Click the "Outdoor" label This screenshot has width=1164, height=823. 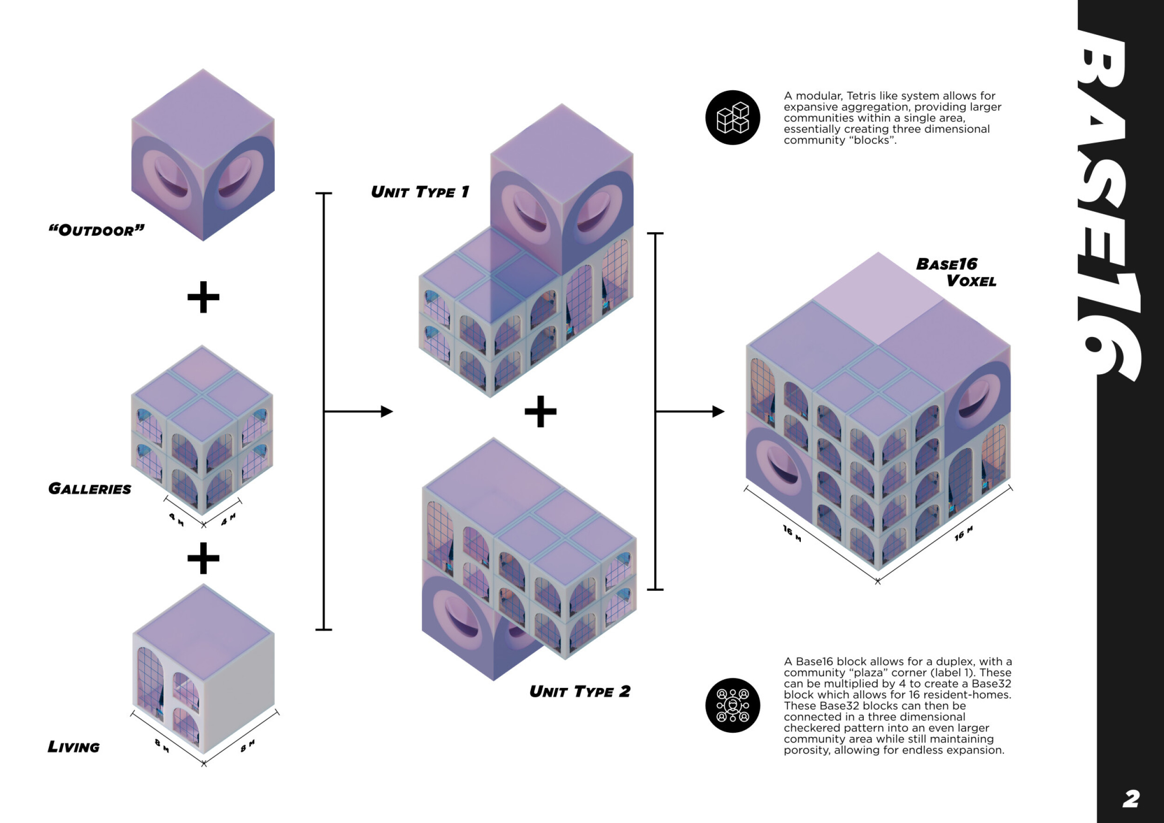(96, 230)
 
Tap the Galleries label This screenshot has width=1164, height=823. (90, 489)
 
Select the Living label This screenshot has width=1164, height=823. (74, 747)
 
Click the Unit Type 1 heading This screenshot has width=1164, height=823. (420, 192)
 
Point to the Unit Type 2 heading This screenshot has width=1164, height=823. (580, 692)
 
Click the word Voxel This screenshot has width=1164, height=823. (971, 281)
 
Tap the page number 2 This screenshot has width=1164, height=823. (1130, 799)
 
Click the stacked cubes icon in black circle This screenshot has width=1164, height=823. (732, 118)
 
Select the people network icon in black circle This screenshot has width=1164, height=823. (732, 705)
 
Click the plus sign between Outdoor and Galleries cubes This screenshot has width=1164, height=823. (203, 297)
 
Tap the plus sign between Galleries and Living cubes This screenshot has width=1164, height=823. (203, 558)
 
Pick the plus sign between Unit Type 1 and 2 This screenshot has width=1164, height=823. (541, 411)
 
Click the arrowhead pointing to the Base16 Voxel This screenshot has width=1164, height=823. (718, 411)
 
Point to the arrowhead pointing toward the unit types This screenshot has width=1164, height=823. (387, 411)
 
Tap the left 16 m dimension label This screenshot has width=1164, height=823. (792, 533)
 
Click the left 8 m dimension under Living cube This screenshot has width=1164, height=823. (162, 745)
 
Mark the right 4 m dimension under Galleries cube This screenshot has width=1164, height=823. (229, 519)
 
